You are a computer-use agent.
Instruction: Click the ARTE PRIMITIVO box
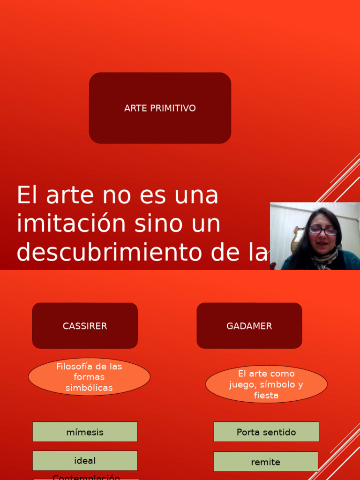(x=160, y=108)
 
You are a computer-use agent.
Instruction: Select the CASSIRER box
(x=85, y=326)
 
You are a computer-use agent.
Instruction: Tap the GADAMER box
(x=249, y=326)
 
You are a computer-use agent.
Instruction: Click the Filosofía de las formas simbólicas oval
(x=89, y=377)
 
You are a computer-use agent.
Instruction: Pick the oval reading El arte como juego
(x=266, y=384)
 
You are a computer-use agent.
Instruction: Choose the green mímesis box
(x=85, y=432)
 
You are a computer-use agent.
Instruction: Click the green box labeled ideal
(x=85, y=461)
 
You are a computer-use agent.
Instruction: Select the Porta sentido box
(x=266, y=432)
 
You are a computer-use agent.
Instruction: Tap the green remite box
(x=266, y=462)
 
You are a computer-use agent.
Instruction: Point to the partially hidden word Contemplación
(x=86, y=477)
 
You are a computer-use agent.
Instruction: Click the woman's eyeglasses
(x=322, y=231)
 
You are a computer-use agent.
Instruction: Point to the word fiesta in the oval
(x=266, y=396)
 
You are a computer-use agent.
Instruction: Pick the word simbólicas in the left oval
(x=89, y=388)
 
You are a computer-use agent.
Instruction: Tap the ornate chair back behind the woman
(x=297, y=236)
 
